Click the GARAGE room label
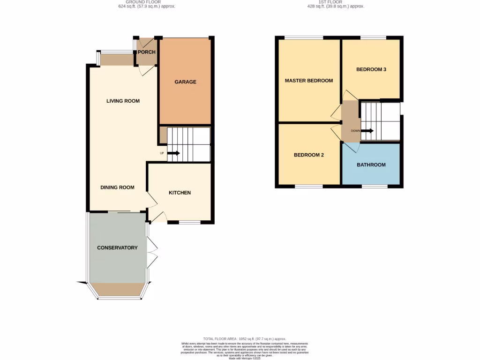point(185,82)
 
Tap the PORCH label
point(146,52)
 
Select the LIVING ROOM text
point(123,101)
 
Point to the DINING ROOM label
point(117,187)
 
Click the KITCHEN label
point(180,193)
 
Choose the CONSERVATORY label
point(117,247)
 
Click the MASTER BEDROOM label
point(309,81)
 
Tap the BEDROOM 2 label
point(309,155)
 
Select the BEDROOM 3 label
point(371,69)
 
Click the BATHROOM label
point(371,165)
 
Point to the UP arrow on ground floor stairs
point(173,153)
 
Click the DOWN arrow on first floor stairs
point(367,131)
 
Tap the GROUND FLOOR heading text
point(147,2)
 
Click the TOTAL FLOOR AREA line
point(244,339)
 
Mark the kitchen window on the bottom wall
point(190,222)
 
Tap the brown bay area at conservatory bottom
point(118,289)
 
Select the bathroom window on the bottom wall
point(374,187)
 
